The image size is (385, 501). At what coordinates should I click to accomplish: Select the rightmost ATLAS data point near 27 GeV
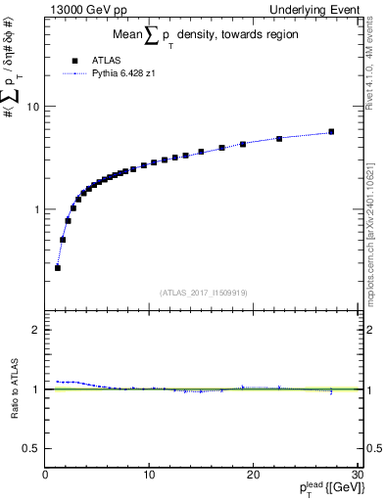[331, 132]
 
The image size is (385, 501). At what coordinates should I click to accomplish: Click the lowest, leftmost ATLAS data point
[58, 267]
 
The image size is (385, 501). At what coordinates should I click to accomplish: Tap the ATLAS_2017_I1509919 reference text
[205, 292]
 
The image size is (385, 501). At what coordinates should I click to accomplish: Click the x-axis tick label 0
[45, 475]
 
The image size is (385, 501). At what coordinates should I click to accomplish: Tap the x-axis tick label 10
[149, 475]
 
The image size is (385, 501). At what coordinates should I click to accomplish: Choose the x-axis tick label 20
[253, 475]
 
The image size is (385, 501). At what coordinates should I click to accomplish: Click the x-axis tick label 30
[357, 475]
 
